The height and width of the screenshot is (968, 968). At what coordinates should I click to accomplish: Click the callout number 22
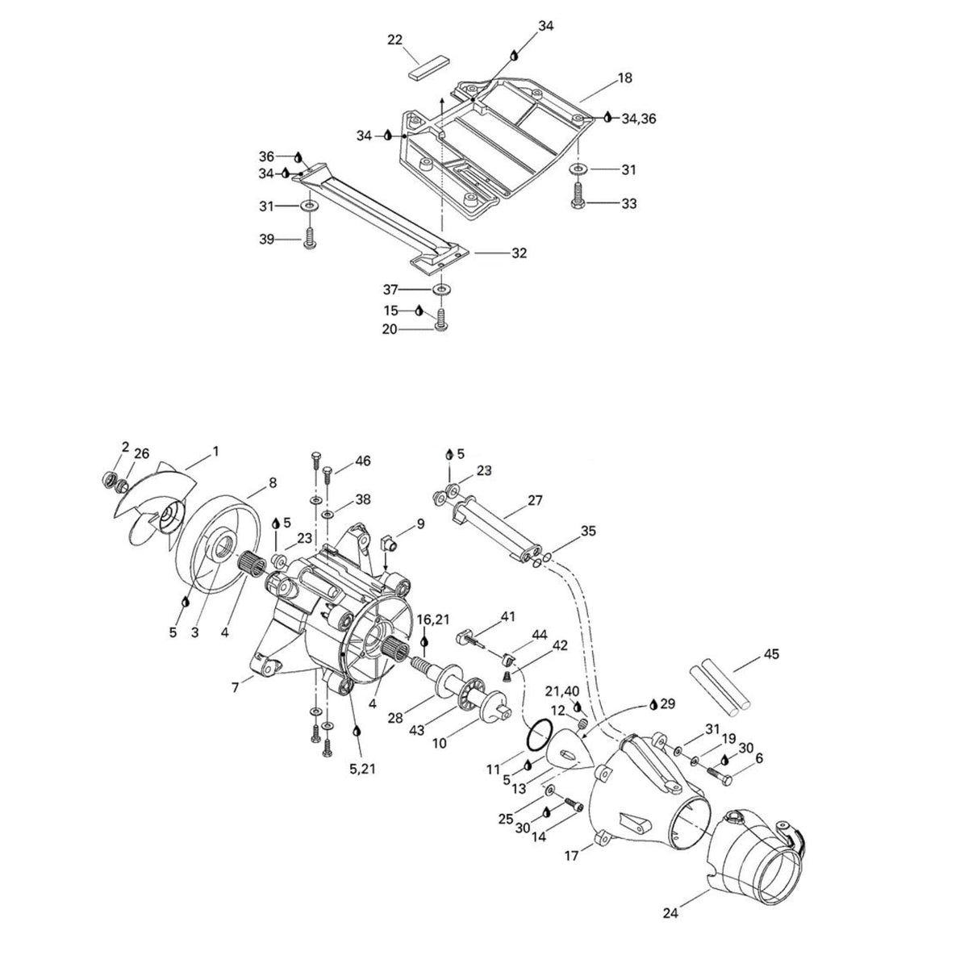(394, 40)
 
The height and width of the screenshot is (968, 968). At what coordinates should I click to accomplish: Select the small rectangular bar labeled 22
(427, 69)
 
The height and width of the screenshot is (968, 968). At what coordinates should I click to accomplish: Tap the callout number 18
(625, 78)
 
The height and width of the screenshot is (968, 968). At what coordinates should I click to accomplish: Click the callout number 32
(519, 252)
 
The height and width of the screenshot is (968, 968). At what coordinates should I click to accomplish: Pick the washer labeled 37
(441, 290)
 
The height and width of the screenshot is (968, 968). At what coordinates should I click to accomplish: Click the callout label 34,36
(638, 119)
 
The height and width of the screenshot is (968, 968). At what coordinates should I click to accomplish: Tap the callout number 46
(363, 461)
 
